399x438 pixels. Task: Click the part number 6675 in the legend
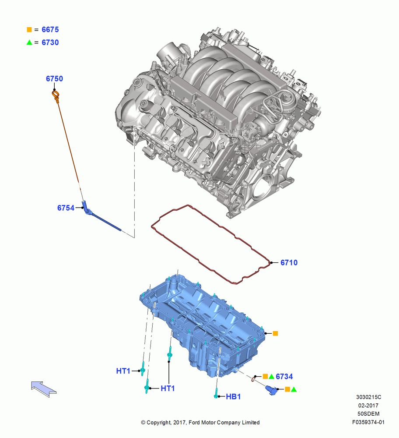(x=50, y=30)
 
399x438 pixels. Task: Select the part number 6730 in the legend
(x=50, y=42)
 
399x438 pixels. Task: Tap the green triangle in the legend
(x=29, y=42)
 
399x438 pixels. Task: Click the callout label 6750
(x=54, y=79)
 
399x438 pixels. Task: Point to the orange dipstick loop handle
(x=56, y=95)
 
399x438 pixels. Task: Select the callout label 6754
(x=66, y=208)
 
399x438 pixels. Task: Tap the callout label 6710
(x=289, y=262)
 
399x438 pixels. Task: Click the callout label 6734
(x=284, y=377)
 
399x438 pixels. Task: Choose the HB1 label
(x=233, y=397)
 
